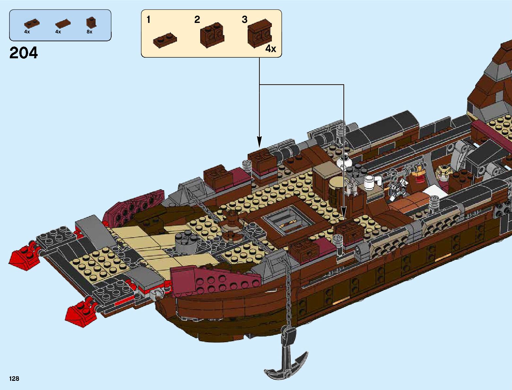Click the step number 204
point(24,53)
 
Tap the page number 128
point(14,379)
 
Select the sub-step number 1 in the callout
point(148,20)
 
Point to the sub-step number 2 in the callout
point(197,20)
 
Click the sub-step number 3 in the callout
point(245,20)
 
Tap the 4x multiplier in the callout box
point(271,49)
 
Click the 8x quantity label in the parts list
point(89,32)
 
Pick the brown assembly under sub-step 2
point(212,35)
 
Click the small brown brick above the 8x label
point(90,22)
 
